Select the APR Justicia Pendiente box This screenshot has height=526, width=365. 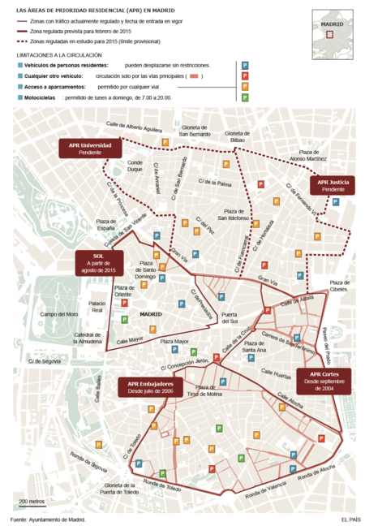point(333,186)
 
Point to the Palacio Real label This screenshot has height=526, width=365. point(97,307)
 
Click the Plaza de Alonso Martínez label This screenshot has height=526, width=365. point(318,156)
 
